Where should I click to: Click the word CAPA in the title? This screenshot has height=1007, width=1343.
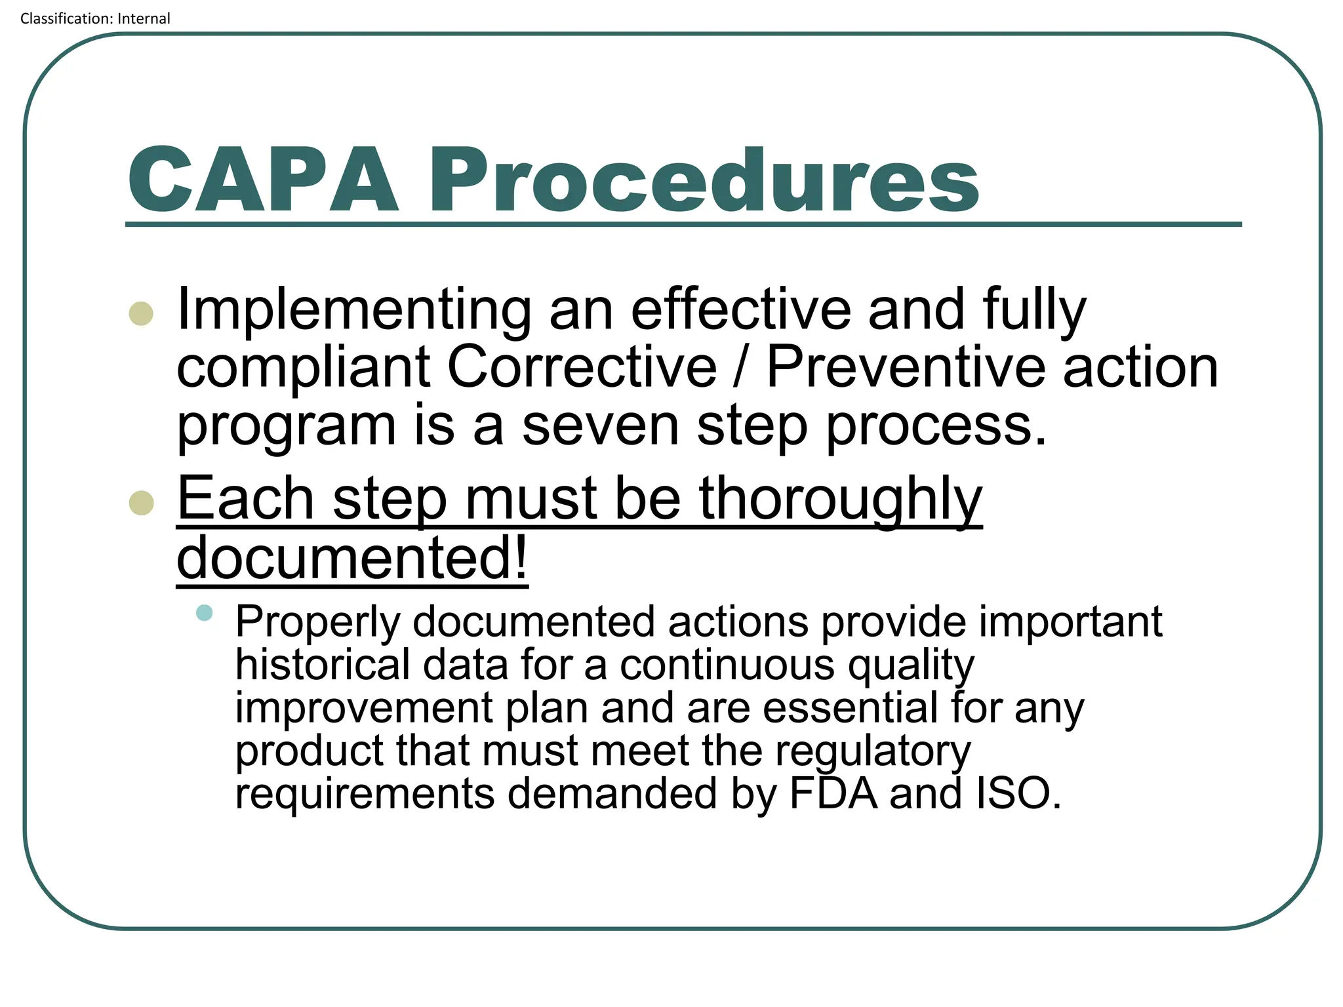263,180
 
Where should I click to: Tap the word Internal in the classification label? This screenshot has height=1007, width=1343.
144,18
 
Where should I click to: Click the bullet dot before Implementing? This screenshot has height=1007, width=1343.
142,313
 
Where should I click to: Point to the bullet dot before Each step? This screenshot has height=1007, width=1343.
142,503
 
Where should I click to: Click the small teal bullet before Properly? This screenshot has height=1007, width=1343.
205,613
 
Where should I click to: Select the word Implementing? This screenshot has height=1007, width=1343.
354,309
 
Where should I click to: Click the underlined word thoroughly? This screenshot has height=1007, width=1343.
841,500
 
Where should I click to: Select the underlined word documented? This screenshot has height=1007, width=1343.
352,557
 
